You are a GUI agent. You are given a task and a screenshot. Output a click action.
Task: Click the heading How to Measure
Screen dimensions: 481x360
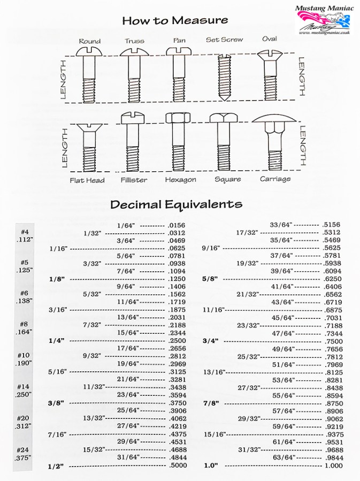pyautogui.click(x=175, y=21)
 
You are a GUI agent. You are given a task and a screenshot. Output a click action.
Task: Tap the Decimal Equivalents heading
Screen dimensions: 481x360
pyautogui.click(x=176, y=204)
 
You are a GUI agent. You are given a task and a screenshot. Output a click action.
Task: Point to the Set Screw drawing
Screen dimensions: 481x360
pyautogui.click(x=224, y=77)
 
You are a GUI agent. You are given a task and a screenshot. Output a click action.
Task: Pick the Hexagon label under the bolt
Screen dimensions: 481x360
pyautogui.click(x=180, y=180)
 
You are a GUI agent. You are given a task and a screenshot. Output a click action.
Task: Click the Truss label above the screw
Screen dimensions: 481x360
pyautogui.click(x=134, y=41)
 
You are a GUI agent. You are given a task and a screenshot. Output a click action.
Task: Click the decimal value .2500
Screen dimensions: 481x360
pyautogui.click(x=177, y=340)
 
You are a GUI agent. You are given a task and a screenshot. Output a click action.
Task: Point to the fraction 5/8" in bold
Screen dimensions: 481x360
pyautogui.click(x=210, y=279)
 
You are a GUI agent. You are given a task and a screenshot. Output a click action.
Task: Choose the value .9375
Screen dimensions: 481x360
pyautogui.click(x=332, y=434)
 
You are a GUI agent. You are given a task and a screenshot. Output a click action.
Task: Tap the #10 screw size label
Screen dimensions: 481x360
pyautogui.click(x=23, y=355)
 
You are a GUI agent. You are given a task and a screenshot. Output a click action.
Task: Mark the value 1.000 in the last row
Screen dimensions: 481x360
pyautogui.click(x=332, y=465)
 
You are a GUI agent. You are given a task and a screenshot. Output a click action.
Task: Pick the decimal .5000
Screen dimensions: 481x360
pyautogui.click(x=177, y=465)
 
